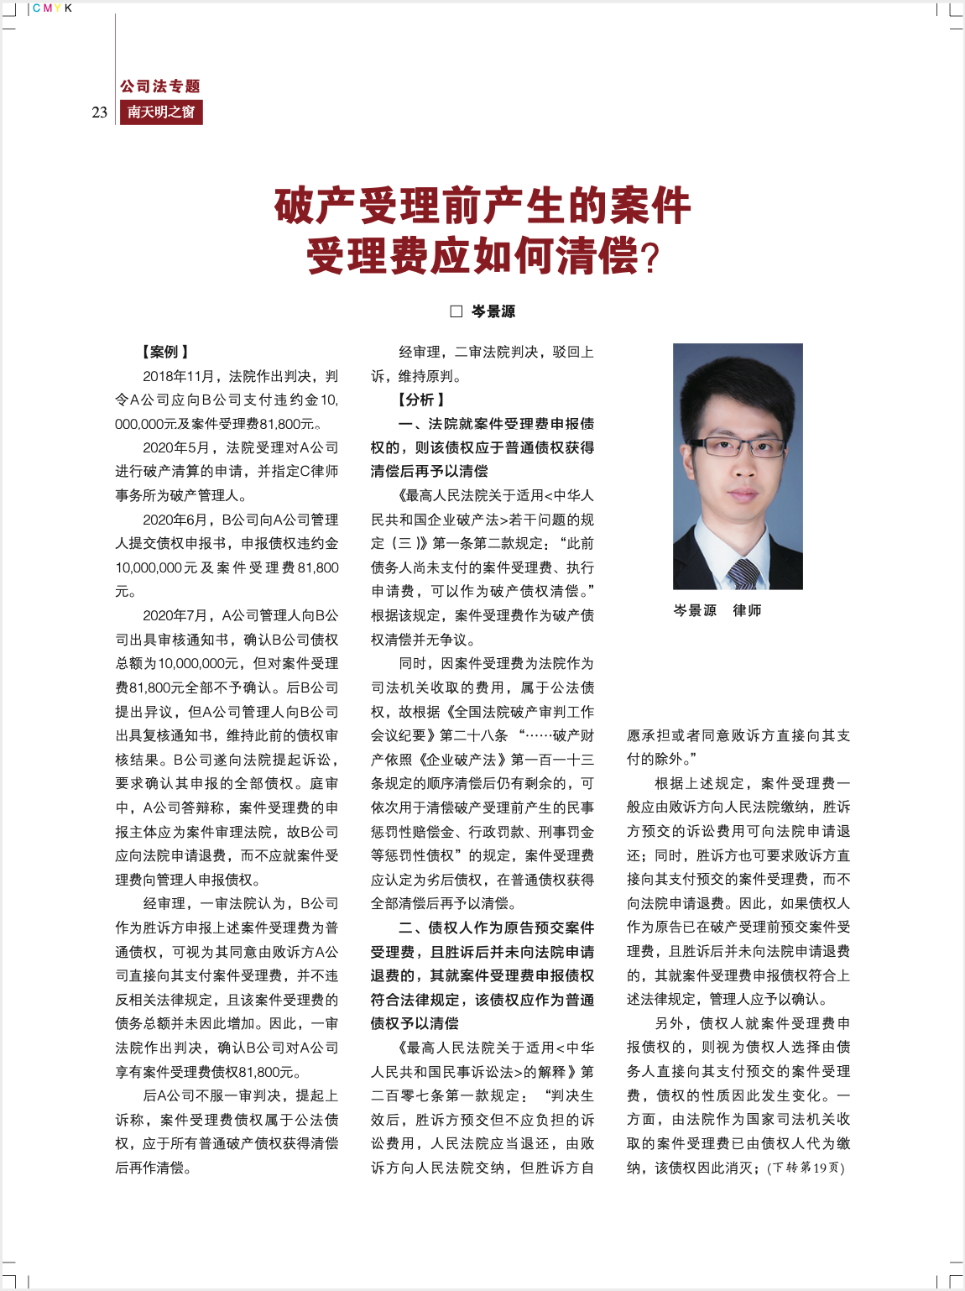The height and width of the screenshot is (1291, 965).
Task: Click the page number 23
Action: click(100, 112)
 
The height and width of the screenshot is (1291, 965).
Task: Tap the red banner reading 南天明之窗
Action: click(161, 112)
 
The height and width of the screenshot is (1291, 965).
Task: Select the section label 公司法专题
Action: click(160, 86)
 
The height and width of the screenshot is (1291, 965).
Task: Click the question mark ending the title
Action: click(650, 259)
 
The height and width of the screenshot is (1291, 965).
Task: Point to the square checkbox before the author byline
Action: click(456, 311)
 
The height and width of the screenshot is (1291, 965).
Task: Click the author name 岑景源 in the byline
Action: click(493, 311)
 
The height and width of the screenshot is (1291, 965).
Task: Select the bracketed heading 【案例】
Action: click(165, 352)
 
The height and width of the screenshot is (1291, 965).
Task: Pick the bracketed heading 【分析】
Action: click(421, 400)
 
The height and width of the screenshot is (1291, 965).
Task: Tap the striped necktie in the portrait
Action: click(743, 574)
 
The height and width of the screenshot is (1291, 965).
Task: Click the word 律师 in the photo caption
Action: click(746, 610)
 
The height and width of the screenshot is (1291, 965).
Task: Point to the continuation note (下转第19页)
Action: click(806, 1168)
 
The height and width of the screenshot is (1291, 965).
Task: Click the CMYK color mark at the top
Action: click(52, 8)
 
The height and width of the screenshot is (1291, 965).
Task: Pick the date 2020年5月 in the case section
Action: click(176, 447)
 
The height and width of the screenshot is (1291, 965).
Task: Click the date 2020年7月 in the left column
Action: click(176, 615)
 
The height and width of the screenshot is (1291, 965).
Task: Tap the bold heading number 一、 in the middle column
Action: click(412, 424)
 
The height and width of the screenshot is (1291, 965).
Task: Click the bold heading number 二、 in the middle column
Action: click(412, 928)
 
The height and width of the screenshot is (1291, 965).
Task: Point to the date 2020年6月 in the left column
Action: click(176, 520)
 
